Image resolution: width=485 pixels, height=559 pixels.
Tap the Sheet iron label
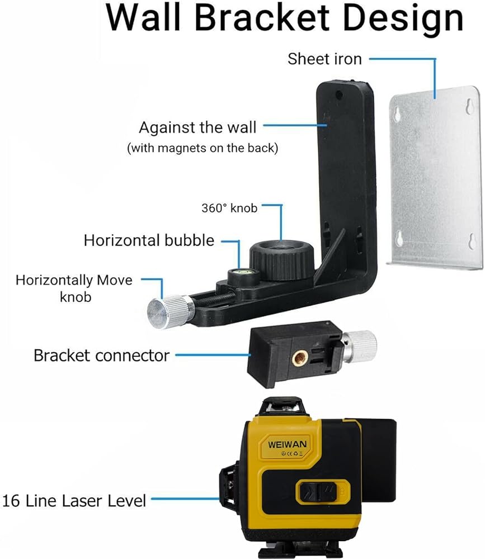coord(324,58)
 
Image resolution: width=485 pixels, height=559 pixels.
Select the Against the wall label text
coord(197,127)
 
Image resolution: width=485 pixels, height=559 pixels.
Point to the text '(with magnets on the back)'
coord(203,148)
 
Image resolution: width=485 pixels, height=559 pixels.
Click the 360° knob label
coord(229,208)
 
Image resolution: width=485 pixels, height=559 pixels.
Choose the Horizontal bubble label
coord(149,240)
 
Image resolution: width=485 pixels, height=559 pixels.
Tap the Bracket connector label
coord(101,355)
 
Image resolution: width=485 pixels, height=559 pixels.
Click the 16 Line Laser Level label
coord(74,500)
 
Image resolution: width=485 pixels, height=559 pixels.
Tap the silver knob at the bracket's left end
coord(163,310)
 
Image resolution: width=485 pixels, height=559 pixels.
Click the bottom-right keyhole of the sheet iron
coord(470,241)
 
